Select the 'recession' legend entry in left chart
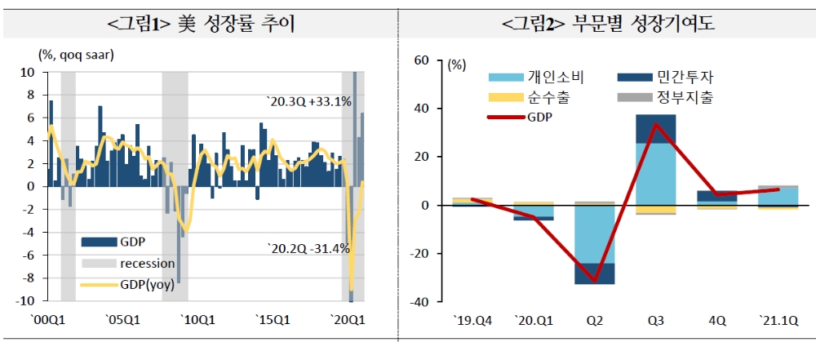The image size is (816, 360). (147, 263)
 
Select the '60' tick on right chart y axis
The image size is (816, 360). (422, 60)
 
